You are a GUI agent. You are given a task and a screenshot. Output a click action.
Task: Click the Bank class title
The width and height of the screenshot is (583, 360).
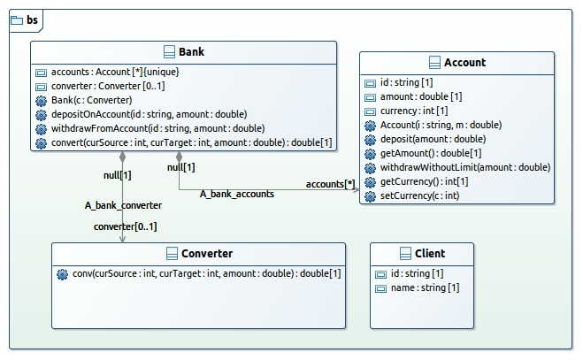[191, 51]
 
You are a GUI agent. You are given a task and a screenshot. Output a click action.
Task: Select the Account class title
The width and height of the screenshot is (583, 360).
[464, 63]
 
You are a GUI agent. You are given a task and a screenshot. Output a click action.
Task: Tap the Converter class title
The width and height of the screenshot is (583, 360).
[207, 254]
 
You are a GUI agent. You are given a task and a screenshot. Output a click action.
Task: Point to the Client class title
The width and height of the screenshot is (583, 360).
[430, 254]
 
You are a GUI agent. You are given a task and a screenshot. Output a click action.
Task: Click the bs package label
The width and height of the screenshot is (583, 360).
[32, 19]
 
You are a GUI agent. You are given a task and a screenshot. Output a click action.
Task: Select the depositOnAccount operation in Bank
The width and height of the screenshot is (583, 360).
[150, 114]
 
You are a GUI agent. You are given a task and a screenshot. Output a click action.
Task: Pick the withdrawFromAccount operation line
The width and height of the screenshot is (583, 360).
[158, 128]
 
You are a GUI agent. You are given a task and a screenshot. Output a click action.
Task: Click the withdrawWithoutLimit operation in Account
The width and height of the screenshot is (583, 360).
[465, 167]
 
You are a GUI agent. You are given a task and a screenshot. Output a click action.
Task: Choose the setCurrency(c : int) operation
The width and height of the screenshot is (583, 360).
[419, 195]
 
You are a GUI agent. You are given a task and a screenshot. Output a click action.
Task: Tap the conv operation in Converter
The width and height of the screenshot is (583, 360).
[206, 273]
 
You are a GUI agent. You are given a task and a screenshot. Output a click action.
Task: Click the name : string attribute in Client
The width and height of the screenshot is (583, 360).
[425, 287]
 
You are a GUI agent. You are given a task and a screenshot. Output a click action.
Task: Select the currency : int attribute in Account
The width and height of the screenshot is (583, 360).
[414, 111]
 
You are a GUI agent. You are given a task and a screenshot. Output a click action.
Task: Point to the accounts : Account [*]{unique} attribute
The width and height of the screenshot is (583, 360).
[115, 72]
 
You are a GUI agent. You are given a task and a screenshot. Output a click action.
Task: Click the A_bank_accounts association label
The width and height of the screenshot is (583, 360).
[237, 194]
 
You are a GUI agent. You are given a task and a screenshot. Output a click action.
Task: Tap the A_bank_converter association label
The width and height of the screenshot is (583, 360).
[123, 205]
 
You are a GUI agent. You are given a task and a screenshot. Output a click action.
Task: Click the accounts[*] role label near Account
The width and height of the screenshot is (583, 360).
[330, 184]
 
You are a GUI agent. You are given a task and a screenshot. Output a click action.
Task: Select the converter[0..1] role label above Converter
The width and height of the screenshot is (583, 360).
[126, 226]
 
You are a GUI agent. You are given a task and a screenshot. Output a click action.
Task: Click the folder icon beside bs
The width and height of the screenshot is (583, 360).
[17, 20]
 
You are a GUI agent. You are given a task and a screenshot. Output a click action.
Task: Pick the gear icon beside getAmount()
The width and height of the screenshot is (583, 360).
[370, 154]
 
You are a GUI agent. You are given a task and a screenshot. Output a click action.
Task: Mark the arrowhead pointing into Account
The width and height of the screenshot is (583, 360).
[357, 190]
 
